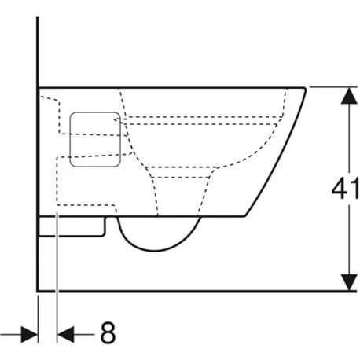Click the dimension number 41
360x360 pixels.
pos(345,188)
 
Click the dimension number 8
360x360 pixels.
pos(108,332)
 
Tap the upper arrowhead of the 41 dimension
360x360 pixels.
pos(349,96)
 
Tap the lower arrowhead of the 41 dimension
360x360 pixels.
pos(349,282)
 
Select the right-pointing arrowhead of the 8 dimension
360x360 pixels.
pos(29,334)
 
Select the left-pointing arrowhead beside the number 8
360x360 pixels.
pos(65,334)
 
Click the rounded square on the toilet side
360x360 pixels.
pos(95,139)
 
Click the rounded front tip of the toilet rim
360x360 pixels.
pos(304,89)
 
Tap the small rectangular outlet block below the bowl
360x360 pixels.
pos(72,226)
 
